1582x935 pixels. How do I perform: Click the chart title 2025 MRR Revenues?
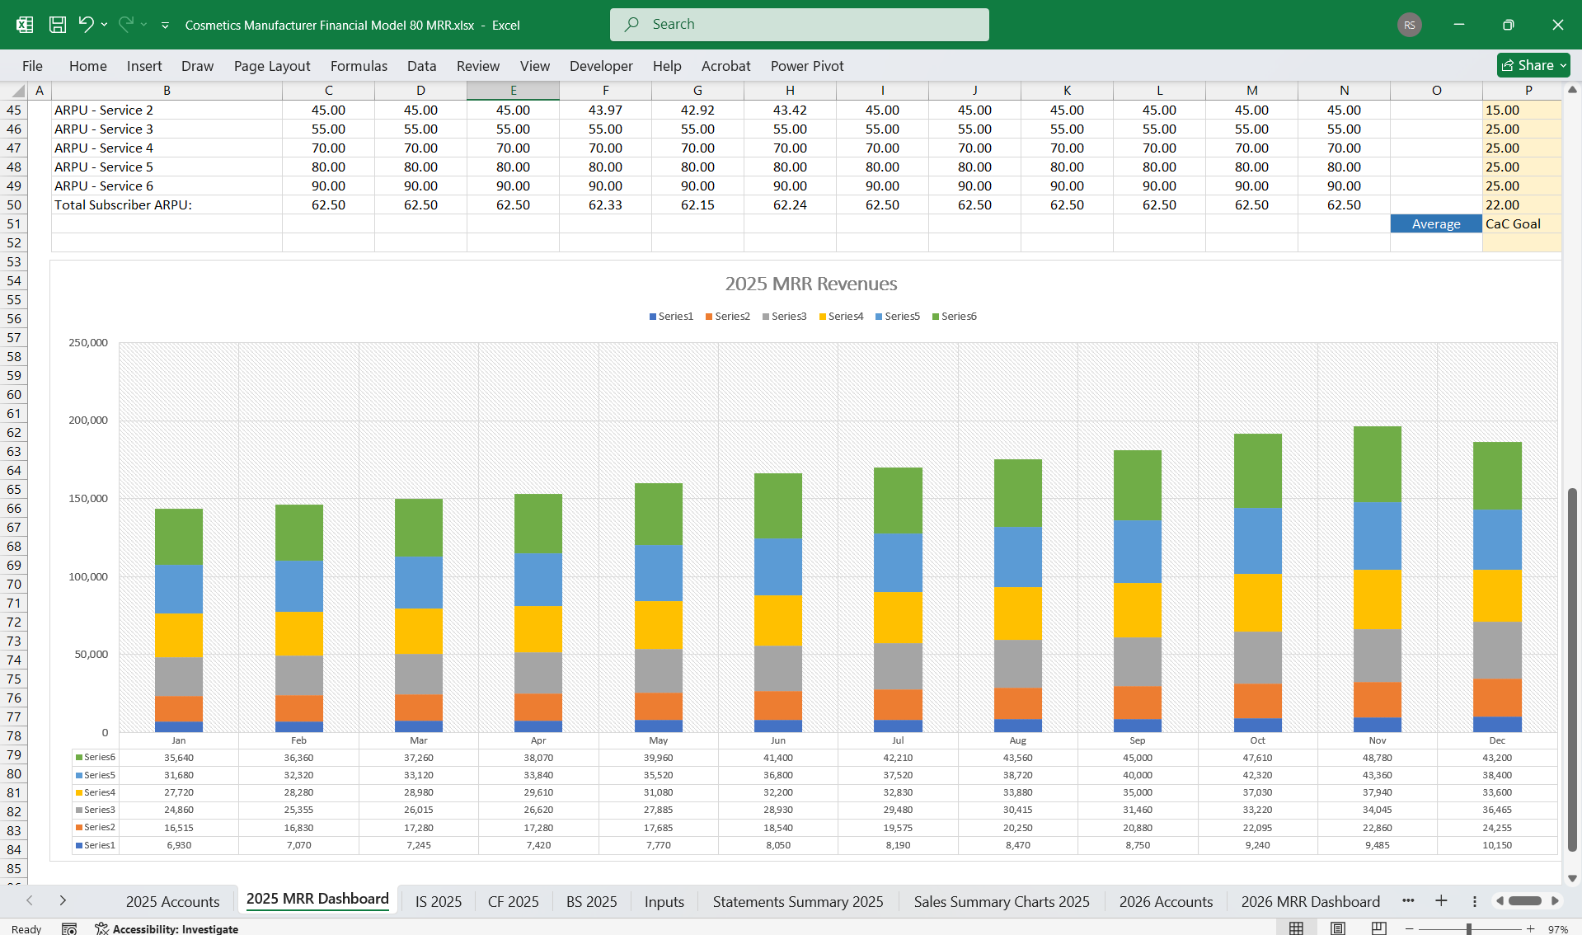coord(810,284)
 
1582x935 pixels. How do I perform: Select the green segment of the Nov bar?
coord(1377,464)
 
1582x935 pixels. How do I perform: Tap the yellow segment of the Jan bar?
coord(179,635)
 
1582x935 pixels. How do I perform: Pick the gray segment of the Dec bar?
coord(1497,650)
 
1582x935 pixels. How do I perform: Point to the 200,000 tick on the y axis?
coord(88,420)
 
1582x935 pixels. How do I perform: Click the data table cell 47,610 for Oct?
coord(1257,757)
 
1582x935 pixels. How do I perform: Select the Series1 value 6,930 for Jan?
coord(179,844)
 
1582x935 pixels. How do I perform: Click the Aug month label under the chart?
coord(1017,740)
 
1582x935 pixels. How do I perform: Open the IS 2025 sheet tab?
coord(438,901)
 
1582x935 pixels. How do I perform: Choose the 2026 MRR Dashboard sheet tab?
coord(1310,901)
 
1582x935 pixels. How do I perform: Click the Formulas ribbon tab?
coord(359,66)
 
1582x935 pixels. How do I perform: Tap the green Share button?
coord(1533,65)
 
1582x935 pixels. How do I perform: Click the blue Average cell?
coord(1435,223)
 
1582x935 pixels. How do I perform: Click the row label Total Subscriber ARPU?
coord(124,204)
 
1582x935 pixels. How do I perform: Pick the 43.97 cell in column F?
coord(605,110)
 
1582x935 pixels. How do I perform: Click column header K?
coord(1067,90)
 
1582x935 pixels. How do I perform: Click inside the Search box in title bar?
coord(800,25)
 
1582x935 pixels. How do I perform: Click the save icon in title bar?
coord(58,25)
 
